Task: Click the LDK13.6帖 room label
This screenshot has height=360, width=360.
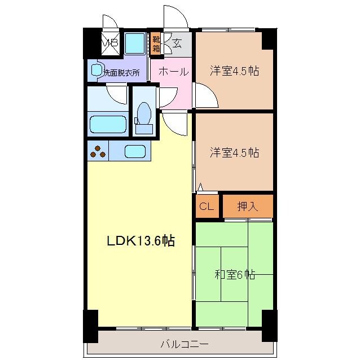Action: [141, 242]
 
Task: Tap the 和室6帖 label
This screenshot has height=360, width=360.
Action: [235, 275]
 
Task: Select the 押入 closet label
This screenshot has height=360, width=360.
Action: [247, 207]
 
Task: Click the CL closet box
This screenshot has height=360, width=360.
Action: [207, 207]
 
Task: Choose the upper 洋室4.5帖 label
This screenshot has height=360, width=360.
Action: [235, 71]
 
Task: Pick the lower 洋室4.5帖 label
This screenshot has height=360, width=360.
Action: [235, 152]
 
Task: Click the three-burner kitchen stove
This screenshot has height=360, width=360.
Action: [98, 151]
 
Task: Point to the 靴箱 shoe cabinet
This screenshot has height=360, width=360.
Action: [156, 44]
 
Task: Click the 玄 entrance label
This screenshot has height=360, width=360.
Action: [177, 43]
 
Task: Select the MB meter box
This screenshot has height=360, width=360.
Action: [109, 43]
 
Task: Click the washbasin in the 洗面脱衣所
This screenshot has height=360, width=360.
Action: [96, 71]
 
